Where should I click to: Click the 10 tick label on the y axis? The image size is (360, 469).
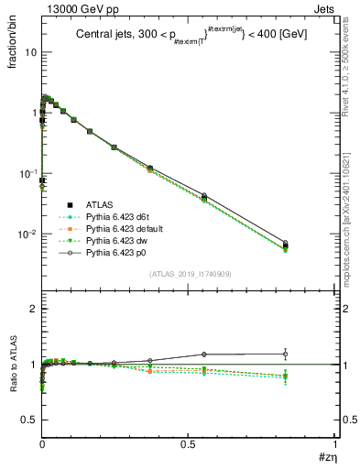[30, 52]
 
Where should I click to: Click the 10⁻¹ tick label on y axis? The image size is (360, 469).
[27, 173]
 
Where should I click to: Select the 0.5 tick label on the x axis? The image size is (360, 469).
[188, 442]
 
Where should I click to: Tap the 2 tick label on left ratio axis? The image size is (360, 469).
[34, 310]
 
